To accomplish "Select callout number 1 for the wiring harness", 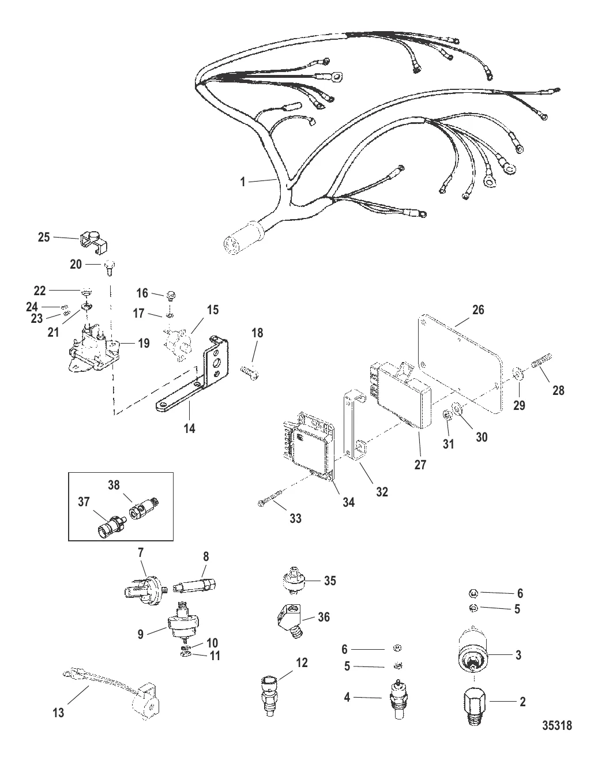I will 243,181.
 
